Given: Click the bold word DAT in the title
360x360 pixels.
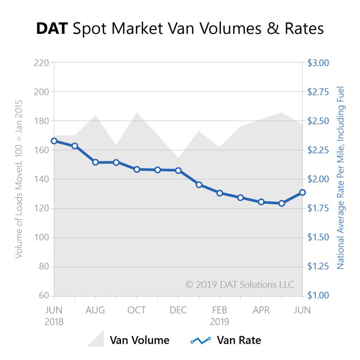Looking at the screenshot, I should [x=52, y=29].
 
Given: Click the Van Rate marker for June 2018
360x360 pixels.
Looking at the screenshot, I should [x=54, y=141].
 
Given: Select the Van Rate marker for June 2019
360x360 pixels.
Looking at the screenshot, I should [x=302, y=192].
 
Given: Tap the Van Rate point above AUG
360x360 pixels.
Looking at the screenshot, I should [x=95, y=162].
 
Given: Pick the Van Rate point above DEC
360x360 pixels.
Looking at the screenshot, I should [x=178, y=171].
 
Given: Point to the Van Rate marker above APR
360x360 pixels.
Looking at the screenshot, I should [x=261, y=202].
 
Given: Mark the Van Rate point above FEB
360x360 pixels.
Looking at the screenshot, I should [x=220, y=193].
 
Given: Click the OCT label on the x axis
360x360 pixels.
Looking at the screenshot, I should [x=137, y=310].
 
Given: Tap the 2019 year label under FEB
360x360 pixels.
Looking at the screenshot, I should [x=220, y=322].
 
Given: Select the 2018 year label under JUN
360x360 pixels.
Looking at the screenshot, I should [x=54, y=322].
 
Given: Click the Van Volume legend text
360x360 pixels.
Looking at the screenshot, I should [x=140, y=340].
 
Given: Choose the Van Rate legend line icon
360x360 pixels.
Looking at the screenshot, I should [x=200, y=340].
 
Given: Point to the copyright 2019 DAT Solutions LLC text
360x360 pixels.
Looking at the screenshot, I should [x=240, y=284].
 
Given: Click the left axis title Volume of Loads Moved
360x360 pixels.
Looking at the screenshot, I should [x=19, y=179].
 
